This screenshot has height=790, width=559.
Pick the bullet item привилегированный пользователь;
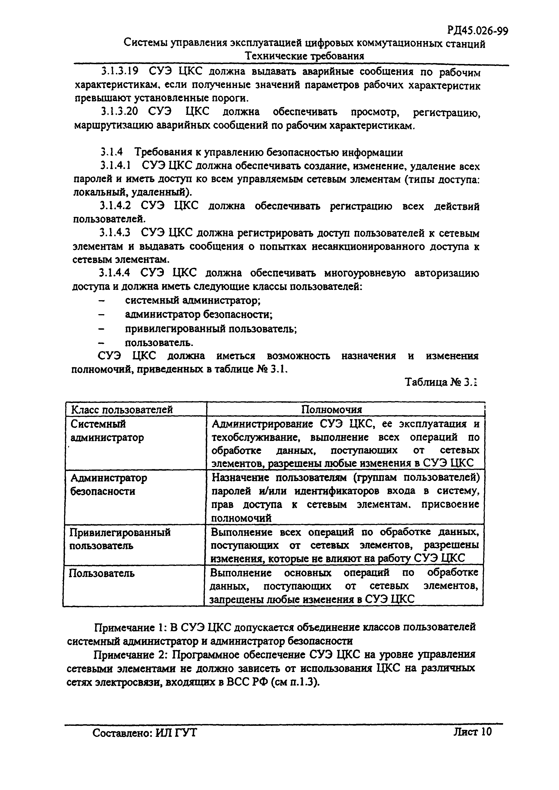pos(211,329)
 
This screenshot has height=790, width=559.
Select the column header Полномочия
pos(331,409)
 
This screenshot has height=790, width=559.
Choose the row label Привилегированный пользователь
pos(120,539)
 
